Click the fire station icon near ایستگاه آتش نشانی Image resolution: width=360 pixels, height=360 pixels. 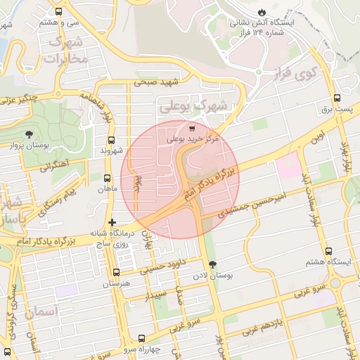(262, 13)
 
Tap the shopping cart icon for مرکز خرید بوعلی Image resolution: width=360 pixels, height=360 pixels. (192, 128)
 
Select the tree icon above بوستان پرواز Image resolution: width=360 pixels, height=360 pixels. (29, 134)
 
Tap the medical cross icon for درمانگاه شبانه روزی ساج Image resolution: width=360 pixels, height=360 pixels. (112, 222)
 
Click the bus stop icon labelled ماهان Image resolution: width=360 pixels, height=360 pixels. (108, 179)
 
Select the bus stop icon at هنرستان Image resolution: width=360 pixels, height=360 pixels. (117, 272)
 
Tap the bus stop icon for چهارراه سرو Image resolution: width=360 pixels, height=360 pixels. (141, 338)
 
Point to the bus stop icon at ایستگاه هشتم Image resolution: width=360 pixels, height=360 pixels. (328, 251)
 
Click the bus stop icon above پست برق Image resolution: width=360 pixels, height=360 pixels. (337, 98)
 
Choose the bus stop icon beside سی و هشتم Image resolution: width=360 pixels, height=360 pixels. (58, 12)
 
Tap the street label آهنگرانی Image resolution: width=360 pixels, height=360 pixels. (54, 166)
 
